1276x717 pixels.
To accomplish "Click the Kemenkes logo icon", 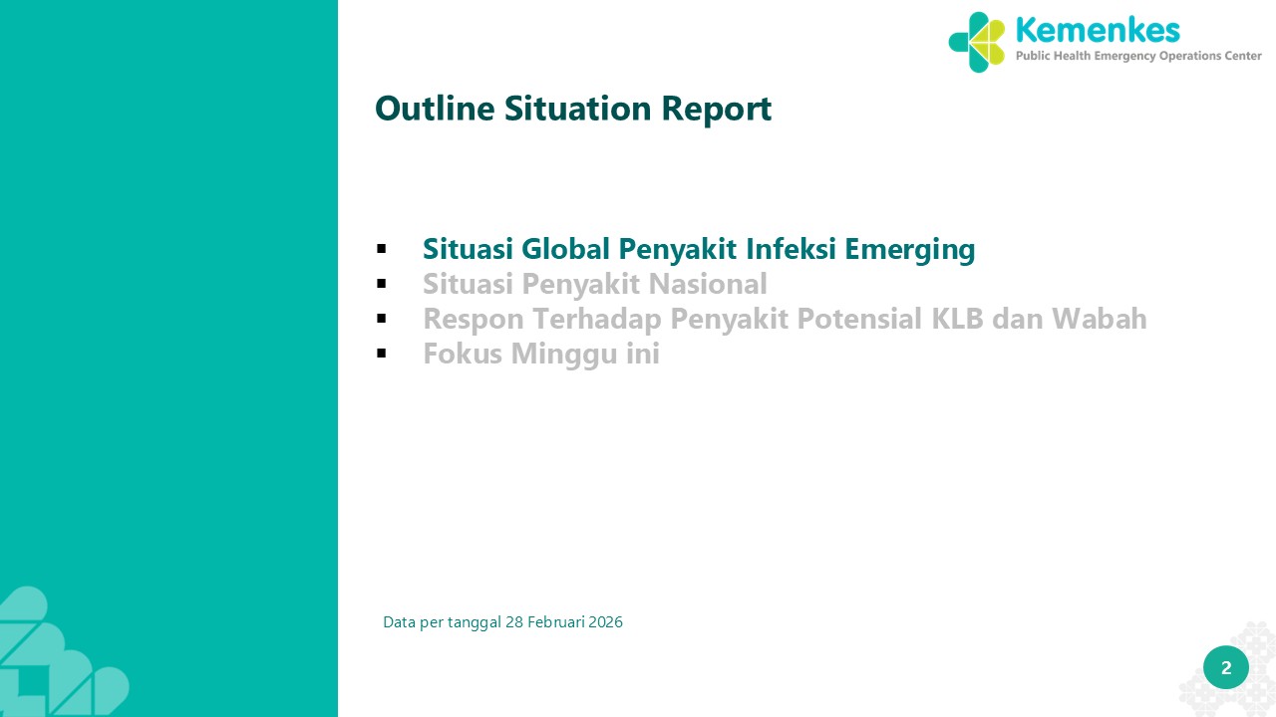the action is (976, 42).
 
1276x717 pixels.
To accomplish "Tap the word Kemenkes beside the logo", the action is (1098, 30).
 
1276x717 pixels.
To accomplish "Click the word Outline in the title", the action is (435, 109).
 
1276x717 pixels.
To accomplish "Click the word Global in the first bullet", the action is (565, 249).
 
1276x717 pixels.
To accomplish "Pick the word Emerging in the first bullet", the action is (910, 250).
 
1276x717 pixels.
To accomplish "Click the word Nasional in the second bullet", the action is (708, 284).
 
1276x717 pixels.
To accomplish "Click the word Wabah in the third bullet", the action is (1099, 318).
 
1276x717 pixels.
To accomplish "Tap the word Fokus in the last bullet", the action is (463, 353).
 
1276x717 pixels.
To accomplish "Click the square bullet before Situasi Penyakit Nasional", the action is (381, 284).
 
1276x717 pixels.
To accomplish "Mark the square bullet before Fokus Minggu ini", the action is (381, 353).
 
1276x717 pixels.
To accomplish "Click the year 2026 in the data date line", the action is (605, 622).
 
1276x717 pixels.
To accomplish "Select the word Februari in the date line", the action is (556, 622).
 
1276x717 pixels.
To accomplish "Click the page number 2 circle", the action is (1226, 667).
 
